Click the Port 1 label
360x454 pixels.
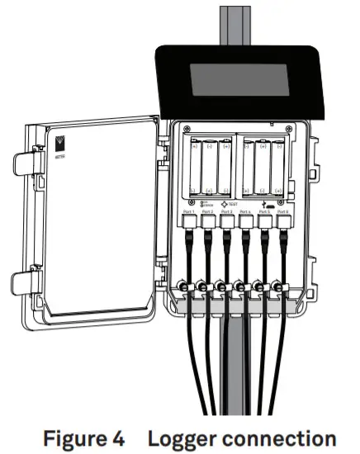pos(188,213)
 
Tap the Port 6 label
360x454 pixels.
pos(283,213)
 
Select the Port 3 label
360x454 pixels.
pos(226,213)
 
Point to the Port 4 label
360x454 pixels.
pos(245,213)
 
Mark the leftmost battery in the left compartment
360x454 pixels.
pos(195,168)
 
